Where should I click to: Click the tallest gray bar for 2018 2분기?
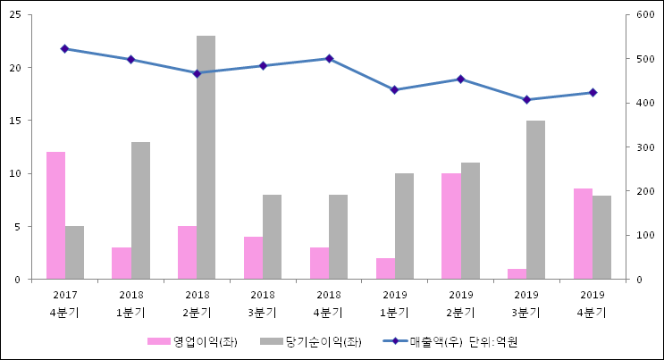click(x=206, y=157)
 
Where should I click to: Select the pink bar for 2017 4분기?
click(x=55, y=215)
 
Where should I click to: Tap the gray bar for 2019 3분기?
click(x=535, y=199)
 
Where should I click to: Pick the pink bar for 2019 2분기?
click(x=450, y=226)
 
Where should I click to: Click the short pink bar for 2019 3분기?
click(x=517, y=273)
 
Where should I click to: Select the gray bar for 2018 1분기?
click(x=140, y=210)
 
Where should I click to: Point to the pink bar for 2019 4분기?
click(x=583, y=233)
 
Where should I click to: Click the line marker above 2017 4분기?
click(x=64, y=48)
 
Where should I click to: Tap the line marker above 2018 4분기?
click(x=329, y=59)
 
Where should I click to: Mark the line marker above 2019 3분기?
click(x=526, y=99)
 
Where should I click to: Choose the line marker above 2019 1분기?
click(x=394, y=89)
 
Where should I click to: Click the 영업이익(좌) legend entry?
click(x=193, y=341)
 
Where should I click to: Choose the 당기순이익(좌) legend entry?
click(x=311, y=341)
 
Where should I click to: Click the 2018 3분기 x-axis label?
click(x=263, y=303)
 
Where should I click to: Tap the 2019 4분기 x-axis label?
click(x=592, y=303)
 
